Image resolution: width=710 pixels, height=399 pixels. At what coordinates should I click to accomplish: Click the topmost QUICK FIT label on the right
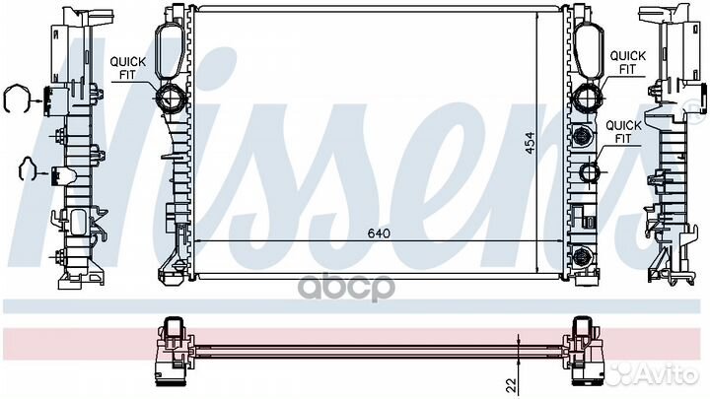[x=628, y=62]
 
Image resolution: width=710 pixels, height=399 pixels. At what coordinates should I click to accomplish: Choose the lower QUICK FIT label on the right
[x=623, y=132]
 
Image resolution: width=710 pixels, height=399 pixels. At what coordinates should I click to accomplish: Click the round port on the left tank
[x=170, y=99]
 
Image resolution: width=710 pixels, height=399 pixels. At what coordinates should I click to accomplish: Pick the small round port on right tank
[x=591, y=174]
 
